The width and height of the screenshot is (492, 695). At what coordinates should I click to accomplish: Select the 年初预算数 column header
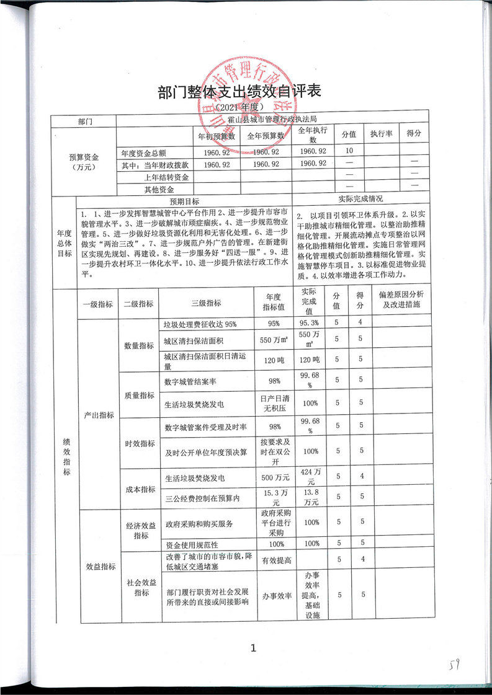pyautogui.click(x=216, y=135)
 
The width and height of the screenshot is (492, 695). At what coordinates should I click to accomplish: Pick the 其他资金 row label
pyautogui.click(x=159, y=190)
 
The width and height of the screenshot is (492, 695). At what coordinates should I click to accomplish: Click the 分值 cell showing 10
pyautogui.click(x=349, y=151)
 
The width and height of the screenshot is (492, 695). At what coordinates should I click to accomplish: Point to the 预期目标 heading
pyautogui.click(x=184, y=201)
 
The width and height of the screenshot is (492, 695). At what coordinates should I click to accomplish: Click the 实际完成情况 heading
pyautogui.click(x=360, y=200)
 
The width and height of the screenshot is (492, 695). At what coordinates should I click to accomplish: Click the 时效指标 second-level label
pyautogui.click(x=140, y=443)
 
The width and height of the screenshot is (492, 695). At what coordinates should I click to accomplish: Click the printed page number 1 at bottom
pyautogui.click(x=253, y=649)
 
